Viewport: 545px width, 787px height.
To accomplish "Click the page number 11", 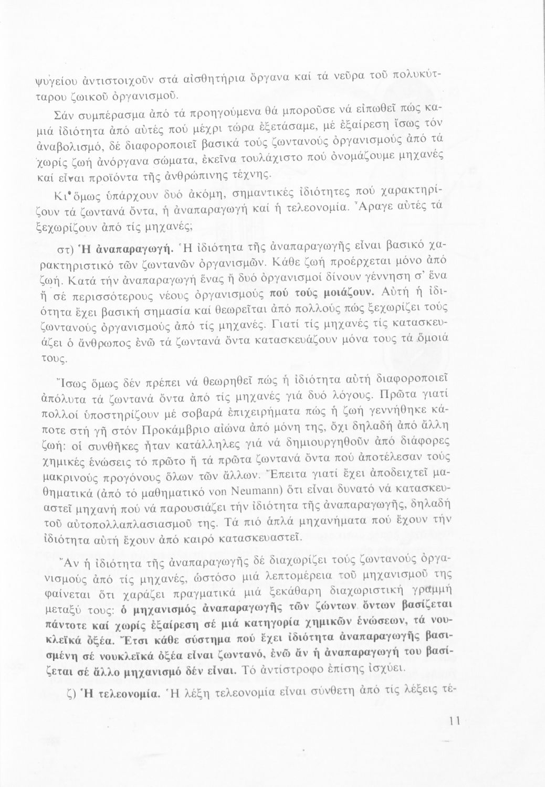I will coord(455,721).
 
